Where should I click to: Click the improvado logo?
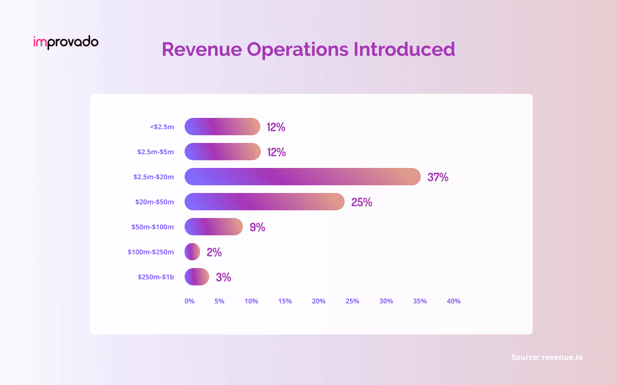[66, 42]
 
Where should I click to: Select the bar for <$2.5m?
[222, 127]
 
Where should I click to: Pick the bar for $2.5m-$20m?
[303, 177]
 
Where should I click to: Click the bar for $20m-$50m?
[265, 202]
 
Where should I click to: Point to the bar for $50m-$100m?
[214, 227]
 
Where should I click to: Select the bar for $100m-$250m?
[192, 252]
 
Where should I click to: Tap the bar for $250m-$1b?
[197, 277]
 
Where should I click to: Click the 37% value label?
[438, 177]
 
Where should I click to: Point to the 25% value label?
[362, 202]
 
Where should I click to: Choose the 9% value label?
[257, 227]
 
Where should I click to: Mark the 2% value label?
[214, 252]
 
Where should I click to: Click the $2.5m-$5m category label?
[155, 152]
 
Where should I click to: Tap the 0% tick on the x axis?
[189, 301]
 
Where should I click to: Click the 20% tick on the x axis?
[319, 301]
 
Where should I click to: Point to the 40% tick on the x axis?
[454, 301]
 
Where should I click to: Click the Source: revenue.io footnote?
[547, 357]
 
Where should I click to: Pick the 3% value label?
[223, 277]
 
